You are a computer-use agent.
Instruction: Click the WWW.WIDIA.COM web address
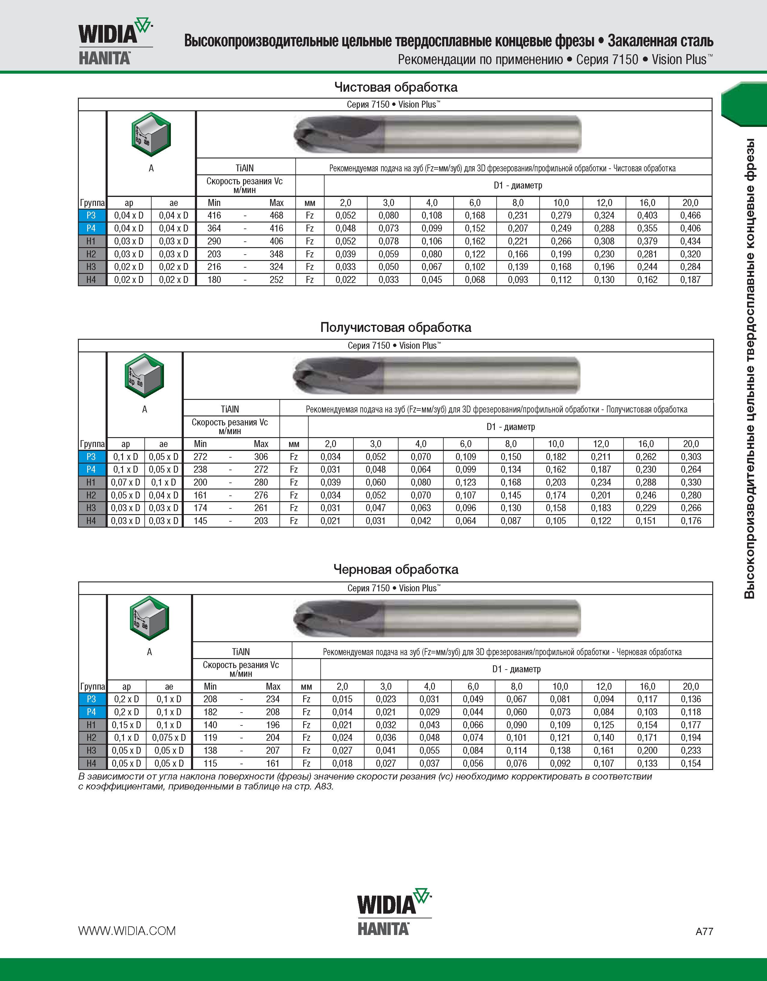click(x=127, y=931)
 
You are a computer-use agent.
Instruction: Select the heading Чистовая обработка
click(x=396, y=87)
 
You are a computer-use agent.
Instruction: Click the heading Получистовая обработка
click(x=396, y=327)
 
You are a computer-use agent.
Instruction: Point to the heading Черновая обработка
click(x=396, y=569)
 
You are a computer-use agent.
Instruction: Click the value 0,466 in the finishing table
click(x=690, y=216)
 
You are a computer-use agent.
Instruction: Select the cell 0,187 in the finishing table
click(x=690, y=280)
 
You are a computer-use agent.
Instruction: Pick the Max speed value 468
click(x=276, y=216)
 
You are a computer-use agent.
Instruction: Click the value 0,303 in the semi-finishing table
click(x=691, y=457)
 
